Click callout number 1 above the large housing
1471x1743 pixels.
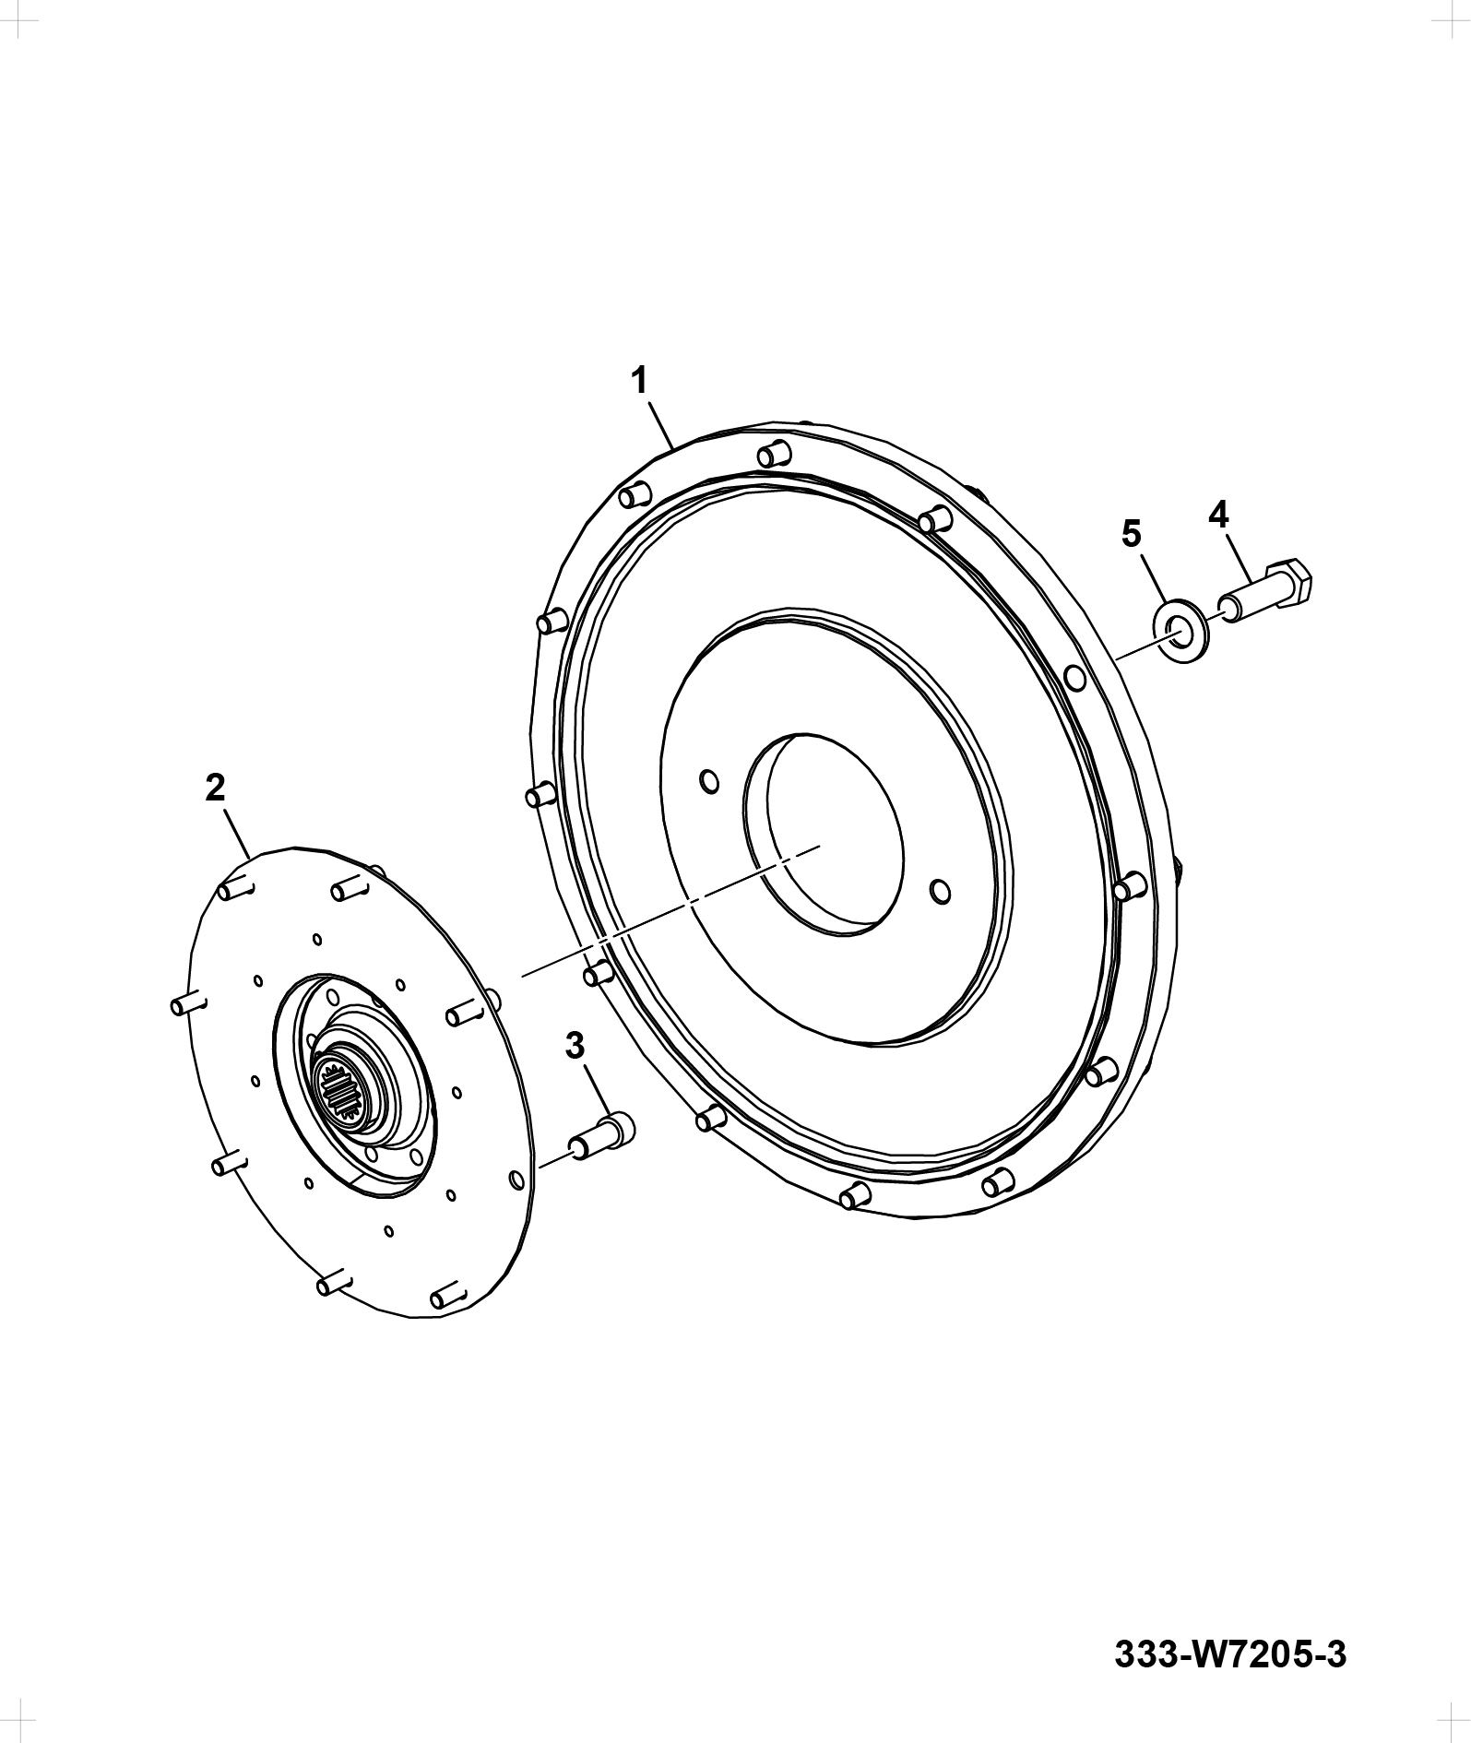click(x=639, y=380)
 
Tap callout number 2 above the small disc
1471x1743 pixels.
click(x=215, y=787)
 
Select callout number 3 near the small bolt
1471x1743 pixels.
click(x=575, y=1046)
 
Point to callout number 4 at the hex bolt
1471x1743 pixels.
click(x=1219, y=514)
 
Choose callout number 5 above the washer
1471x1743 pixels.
click(x=1131, y=533)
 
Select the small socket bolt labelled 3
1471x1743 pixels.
click(x=600, y=1133)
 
